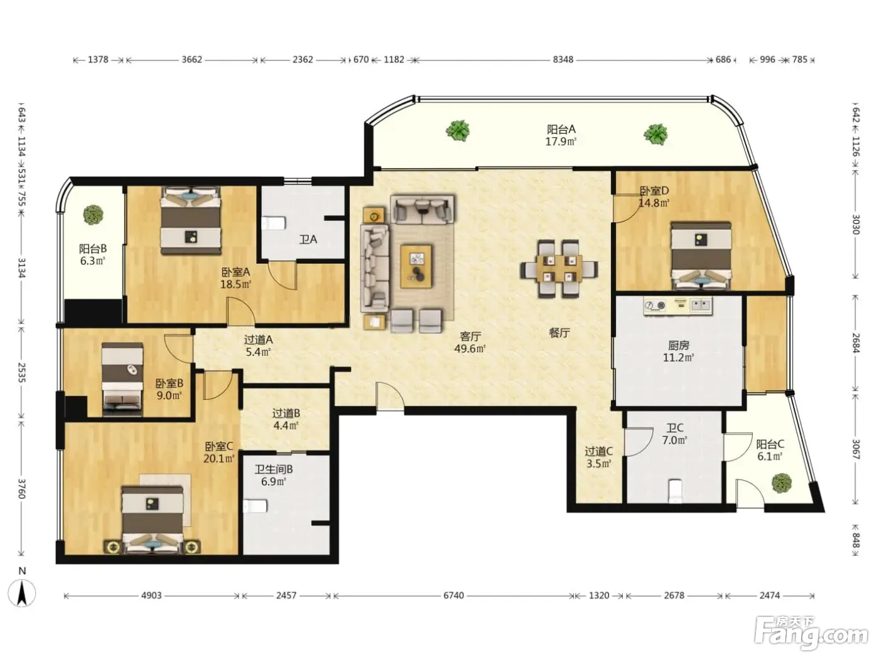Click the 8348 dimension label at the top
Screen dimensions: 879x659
click(563, 60)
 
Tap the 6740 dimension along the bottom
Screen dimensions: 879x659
click(453, 596)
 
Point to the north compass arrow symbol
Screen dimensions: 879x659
click(22, 593)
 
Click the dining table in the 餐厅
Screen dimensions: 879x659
click(559, 269)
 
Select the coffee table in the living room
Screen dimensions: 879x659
click(416, 266)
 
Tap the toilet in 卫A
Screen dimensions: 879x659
click(274, 223)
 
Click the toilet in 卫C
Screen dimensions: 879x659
click(675, 491)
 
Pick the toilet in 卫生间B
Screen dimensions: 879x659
click(255, 506)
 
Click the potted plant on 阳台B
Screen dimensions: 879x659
click(93, 215)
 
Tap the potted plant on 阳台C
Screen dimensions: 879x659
click(782, 483)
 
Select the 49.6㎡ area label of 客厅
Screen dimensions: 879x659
click(470, 348)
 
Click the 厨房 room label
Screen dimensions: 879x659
click(678, 345)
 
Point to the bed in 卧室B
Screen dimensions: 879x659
click(122, 378)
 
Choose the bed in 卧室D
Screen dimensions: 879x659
click(701, 256)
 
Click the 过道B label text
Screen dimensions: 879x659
click(286, 413)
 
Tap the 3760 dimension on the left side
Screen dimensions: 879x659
click(21, 488)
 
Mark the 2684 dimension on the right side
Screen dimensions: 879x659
click(855, 343)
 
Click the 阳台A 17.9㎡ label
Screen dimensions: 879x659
click(561, 135)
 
